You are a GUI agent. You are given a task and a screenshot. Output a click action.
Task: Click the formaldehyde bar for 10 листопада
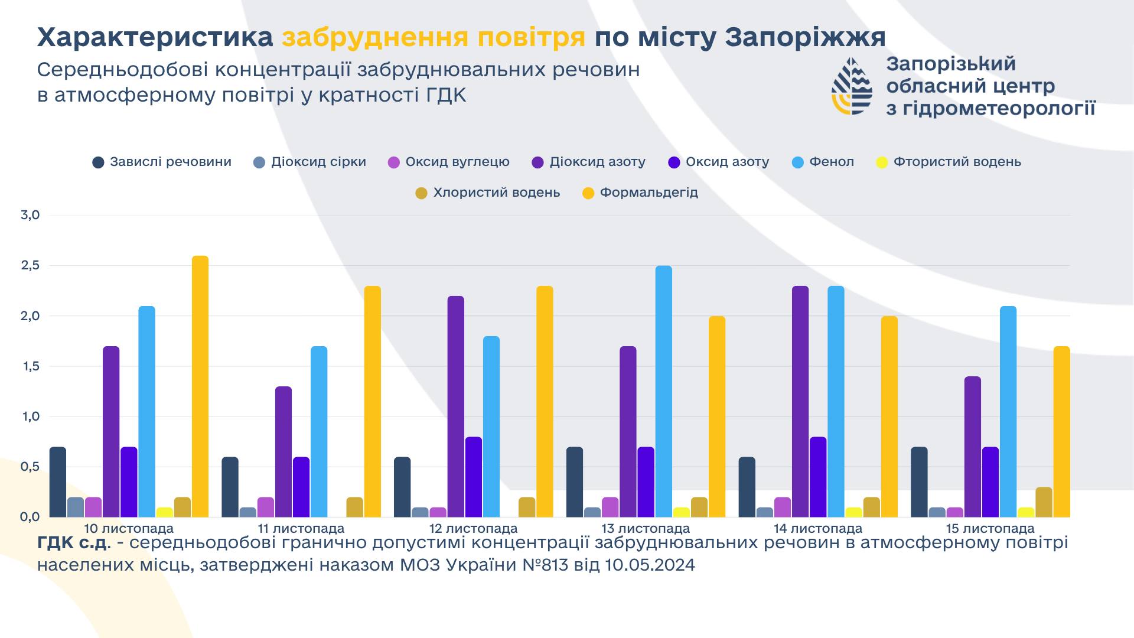click(200, 386)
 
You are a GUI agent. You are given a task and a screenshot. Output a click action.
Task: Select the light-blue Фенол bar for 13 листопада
click(664, 391)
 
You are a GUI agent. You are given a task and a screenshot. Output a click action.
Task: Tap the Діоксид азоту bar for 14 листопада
click(800, 402)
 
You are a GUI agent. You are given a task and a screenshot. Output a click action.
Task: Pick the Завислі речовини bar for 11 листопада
click(230, 487)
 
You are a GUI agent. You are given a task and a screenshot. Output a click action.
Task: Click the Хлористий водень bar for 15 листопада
click(1044, 502)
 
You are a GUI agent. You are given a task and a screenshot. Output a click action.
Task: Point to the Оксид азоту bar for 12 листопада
click(474, 477)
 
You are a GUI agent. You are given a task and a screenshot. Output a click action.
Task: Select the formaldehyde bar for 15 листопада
click(1061, 431)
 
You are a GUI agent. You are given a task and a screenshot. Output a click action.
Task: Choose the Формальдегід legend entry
click(640, 193)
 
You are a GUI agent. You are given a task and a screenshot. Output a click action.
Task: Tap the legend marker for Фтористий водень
click(882, 162)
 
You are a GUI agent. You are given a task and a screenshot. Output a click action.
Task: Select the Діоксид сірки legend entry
click(309, 162)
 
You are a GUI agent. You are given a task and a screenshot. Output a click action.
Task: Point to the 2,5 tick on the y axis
click(30, 266)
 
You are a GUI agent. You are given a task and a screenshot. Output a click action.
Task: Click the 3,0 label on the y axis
click(30, 215)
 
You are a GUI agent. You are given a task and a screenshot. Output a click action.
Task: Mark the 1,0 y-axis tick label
click(30, 416)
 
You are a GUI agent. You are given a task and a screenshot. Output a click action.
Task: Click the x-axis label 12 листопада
click(473, 529)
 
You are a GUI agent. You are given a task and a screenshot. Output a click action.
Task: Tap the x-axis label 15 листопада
click(990, 529)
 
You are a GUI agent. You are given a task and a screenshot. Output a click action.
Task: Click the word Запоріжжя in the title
click(805, 37)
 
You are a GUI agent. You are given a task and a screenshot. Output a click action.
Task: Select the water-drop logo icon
click(852, 86)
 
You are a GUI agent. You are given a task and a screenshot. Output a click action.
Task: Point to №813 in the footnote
click(545, 565)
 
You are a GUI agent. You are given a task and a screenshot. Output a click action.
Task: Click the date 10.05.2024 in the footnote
click(650, 565)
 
